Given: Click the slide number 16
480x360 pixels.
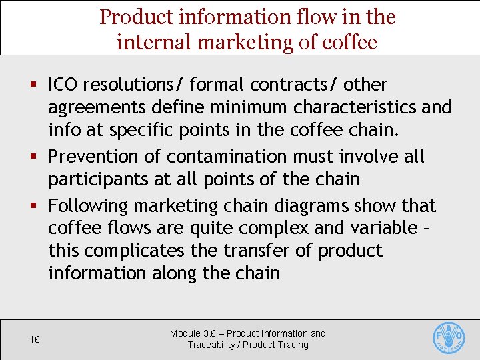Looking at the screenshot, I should coord(35,340).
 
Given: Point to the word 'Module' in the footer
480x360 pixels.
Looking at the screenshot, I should coord(185,333).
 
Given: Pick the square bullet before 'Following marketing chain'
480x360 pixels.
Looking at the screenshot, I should coord(33,206).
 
